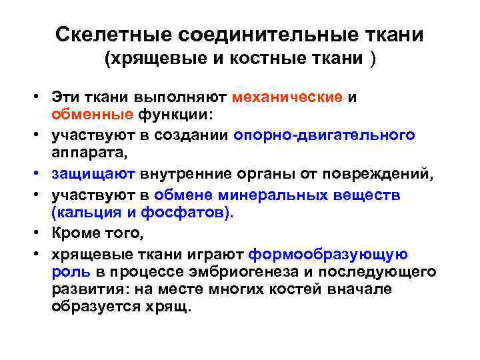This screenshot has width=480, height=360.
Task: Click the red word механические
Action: pos(288,97)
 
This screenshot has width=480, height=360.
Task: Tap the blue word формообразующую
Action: pos(327,255)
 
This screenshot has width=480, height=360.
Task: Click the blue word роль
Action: pos(67,272)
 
